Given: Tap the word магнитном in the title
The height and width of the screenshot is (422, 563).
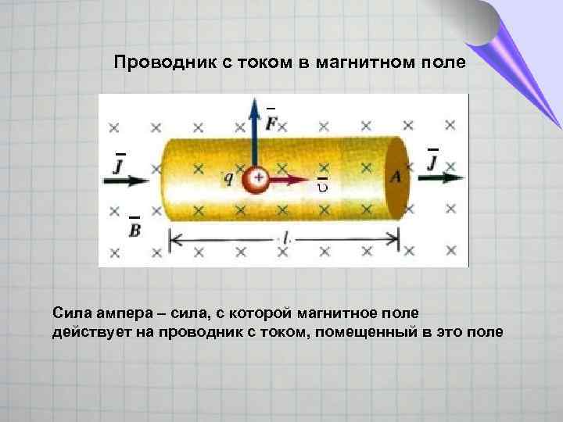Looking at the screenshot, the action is (355, 62).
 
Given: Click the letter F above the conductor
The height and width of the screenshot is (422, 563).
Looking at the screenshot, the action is (271, 123).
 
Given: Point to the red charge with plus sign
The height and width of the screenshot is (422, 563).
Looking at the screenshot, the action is (255, 181).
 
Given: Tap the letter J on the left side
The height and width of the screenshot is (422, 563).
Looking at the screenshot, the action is (120, 166).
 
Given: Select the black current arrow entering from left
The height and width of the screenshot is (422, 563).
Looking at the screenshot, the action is (125, 180).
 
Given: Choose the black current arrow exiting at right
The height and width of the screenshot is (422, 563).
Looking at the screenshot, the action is (439, 177).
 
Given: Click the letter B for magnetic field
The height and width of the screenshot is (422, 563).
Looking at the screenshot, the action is (134, 228).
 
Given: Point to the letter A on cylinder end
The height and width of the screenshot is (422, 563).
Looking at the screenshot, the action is (395, 177).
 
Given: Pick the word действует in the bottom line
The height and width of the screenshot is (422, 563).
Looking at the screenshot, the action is (87, 332).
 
